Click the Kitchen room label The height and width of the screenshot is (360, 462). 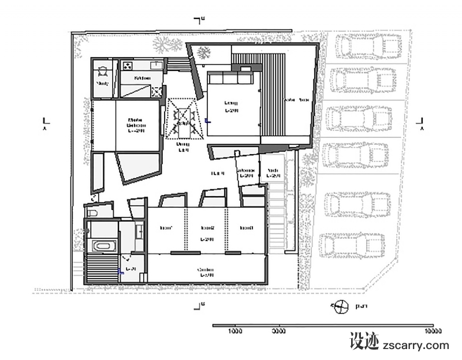click(143, 78)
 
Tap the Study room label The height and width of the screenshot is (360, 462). click(102, 84)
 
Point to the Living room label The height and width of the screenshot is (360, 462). click(231, 106)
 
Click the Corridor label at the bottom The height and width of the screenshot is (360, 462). click(206, 272)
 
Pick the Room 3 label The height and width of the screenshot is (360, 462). click(247, 228)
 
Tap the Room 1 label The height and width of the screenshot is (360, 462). click(167, 228)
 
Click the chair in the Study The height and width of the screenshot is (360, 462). click(102, 72)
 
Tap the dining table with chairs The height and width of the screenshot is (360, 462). click(184, 119)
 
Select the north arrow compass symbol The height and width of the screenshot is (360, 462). click(341, 306)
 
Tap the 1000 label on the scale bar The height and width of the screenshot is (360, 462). click(234, 332)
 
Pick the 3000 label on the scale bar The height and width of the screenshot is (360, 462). click(278, 332)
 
